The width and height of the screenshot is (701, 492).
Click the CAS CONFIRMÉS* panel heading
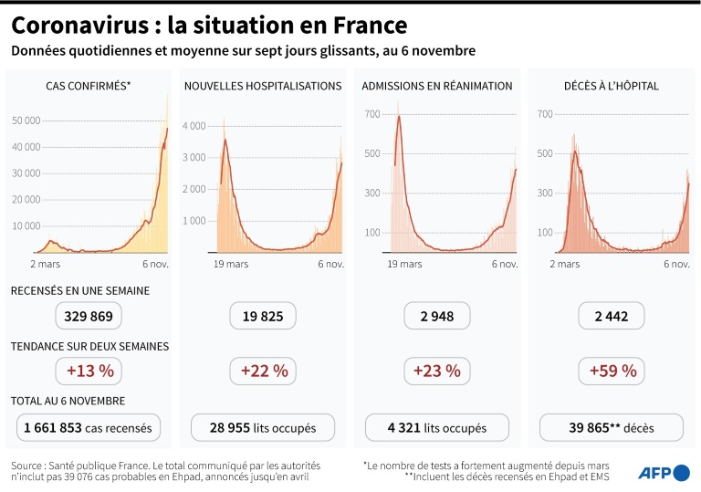pyautogui.click(x=89, y=86)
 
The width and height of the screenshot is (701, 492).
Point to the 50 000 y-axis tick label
pyautogui.click(x=26, y=120)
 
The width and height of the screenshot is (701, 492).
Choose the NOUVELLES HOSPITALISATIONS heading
pyautogui.click(x=263, y=86)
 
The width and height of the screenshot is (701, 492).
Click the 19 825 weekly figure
pyautogui.click(x=263, y=317)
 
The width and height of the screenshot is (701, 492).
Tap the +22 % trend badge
pyautogui.click(x=263, y=371)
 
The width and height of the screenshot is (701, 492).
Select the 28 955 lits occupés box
pyautogui.click(x=263, y=427)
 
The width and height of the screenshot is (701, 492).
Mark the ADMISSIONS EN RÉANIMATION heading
pyautogui.click(x=437, y=86)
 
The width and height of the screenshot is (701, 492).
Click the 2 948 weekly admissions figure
pyautogui.click(x=437, y=317)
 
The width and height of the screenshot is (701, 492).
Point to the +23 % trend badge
pyautogui.click(x=437, y=371)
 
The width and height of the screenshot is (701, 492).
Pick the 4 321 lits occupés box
pyautogui.click(x=437, y=427)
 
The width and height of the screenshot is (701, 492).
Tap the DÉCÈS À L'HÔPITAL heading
pyautogui.click(x=612, y=86)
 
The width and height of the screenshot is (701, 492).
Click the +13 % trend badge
pyautogui.click(x=89, y=371)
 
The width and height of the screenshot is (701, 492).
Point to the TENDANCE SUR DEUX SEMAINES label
pyautogui.click(x=89, y=347)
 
